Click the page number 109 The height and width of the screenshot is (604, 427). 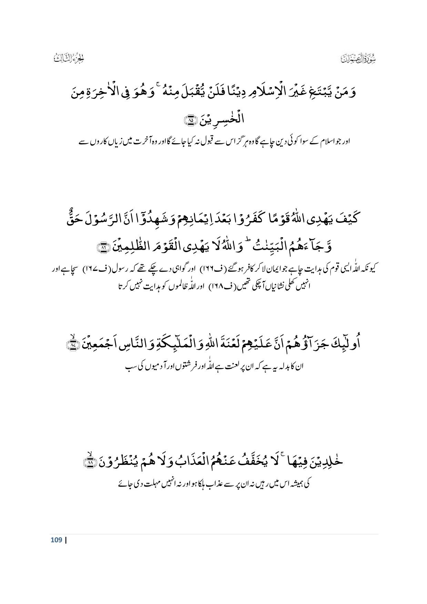point(56,540)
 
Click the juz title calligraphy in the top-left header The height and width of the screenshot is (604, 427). point(69,58)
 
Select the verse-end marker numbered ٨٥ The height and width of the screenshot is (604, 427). point(190,120)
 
